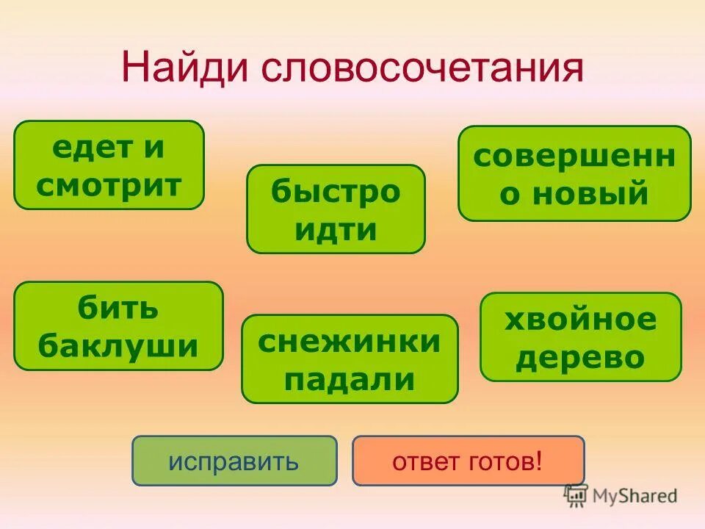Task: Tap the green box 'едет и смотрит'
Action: (109, 165)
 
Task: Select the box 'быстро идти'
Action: (336, 209)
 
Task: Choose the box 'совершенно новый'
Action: (574, 173)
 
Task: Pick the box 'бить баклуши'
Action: (118, 326)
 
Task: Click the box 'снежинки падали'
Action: (350, 359)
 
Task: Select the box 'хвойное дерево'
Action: (580, 337)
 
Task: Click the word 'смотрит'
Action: (109, 185)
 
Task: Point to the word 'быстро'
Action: (336, 192)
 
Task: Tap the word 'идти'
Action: (336, 229)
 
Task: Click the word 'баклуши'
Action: (118, 345)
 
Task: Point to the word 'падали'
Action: (350, 379)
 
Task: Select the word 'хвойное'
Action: (580, 320)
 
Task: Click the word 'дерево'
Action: (580, 358)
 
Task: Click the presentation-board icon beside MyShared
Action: (576, 494)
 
